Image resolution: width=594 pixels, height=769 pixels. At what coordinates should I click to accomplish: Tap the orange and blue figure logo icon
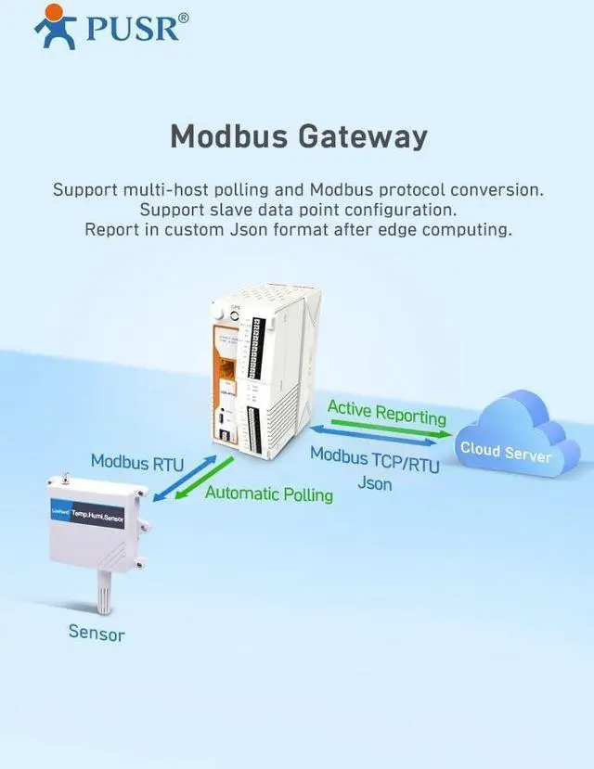tap(55, 26)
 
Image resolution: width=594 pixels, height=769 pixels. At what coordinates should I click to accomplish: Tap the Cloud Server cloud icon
tap(507, 437)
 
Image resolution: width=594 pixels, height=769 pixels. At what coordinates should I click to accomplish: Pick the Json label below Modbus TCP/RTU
tap(375, 483)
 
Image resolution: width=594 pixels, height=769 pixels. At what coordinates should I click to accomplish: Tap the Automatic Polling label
tap(268, 493)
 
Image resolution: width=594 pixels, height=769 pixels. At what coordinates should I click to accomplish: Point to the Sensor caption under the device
tap(96, 633)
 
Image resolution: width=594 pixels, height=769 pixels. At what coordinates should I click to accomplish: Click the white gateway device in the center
tap(265, 371)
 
